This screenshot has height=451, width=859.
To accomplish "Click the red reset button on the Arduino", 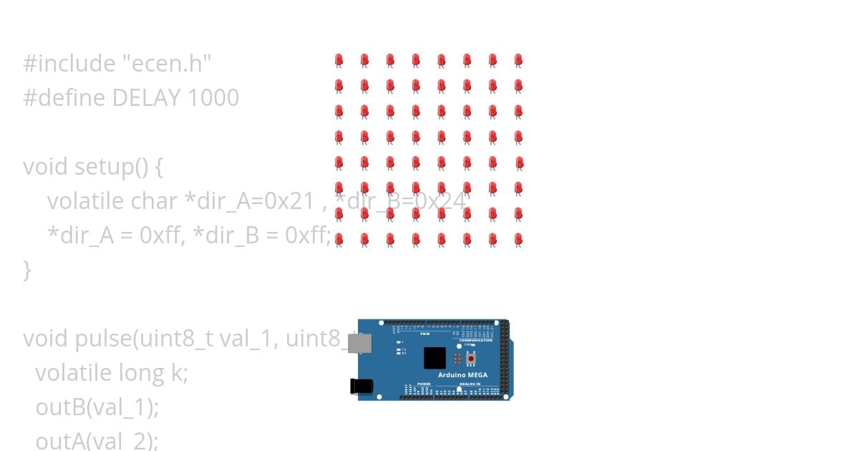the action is (x=470, y=357).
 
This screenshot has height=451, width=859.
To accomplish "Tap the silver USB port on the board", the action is (x=360, y=344).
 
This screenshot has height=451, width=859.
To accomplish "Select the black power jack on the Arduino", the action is (x=361, y=386).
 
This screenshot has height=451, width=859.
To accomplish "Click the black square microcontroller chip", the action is (x=435, y=357).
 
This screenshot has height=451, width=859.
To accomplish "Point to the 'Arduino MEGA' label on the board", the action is (x=462, y=374).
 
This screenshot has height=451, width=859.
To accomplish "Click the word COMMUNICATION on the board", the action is (x=475, y=340).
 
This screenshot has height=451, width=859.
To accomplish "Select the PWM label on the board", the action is (x=424, y=334).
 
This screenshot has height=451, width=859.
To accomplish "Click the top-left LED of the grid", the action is (x=339, y=61).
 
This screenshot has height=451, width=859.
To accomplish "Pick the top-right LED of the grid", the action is (x=518, y=61).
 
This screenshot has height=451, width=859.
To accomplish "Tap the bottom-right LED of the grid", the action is (x=518, y=240).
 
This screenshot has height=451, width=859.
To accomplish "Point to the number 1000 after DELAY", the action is (x=213, y=98).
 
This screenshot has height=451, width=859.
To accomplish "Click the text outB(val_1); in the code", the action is (x=97, y=407).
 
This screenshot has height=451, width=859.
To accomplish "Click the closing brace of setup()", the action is (x=28, y=270).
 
